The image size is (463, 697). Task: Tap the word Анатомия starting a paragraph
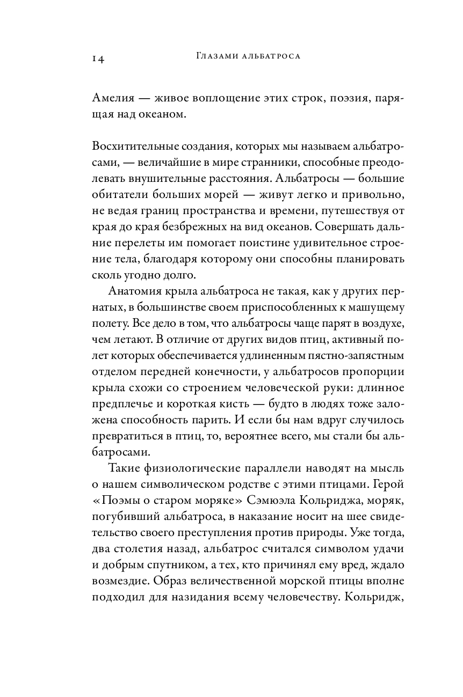pos(132,293)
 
